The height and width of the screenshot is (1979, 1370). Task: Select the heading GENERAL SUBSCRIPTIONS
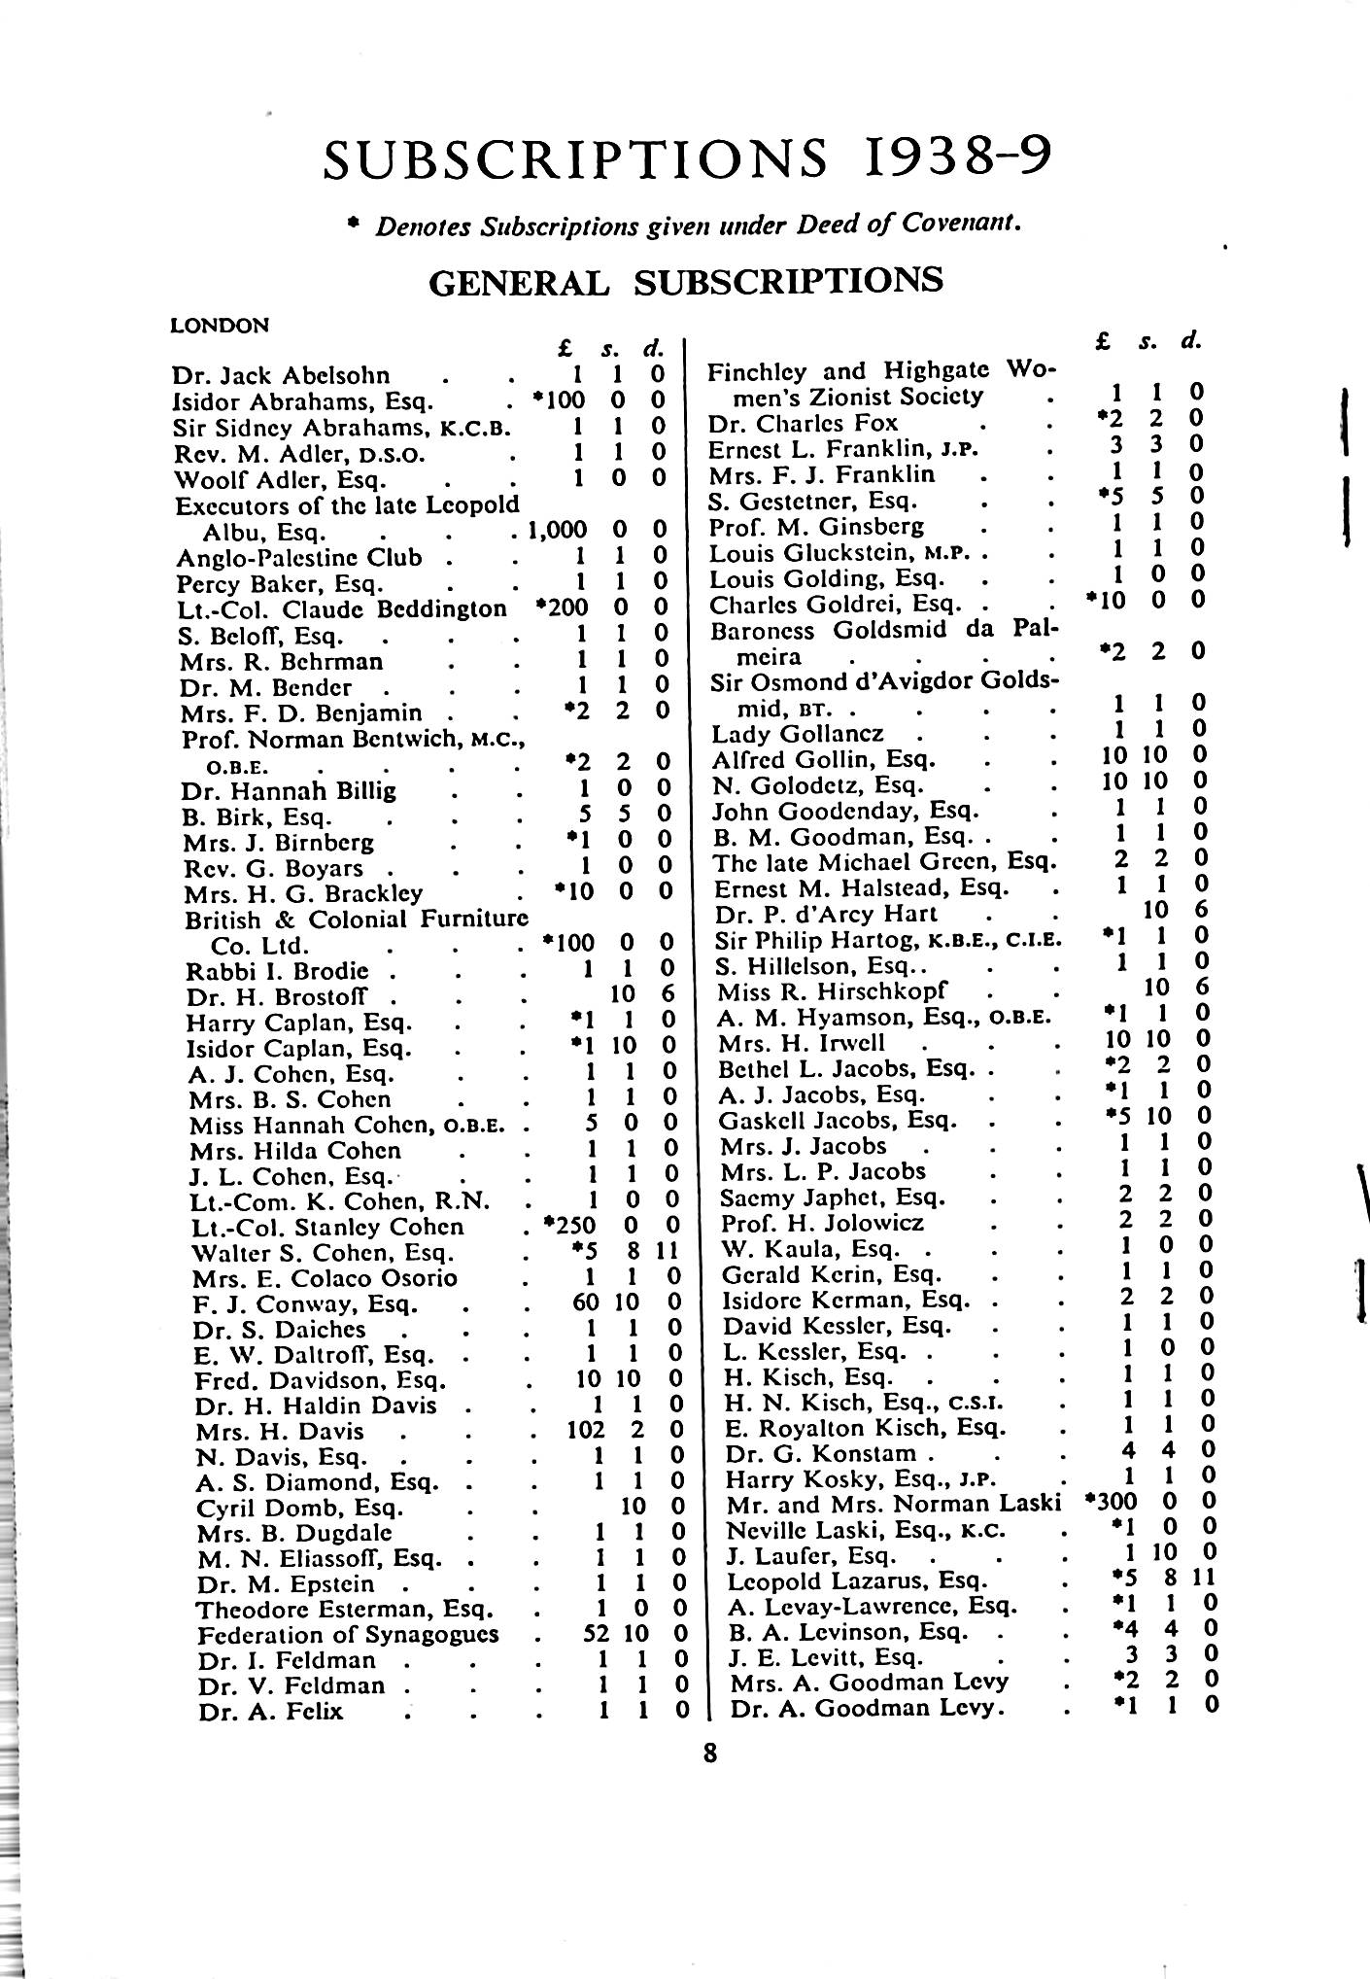[685, 281]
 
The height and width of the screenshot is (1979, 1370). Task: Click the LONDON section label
[220, 326]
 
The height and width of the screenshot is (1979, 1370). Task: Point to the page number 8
[710, 1753]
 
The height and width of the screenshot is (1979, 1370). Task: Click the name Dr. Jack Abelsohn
[281, 375]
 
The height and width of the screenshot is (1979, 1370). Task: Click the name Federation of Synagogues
[348, 1634]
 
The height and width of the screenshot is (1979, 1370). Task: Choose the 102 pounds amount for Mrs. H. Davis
[586, 1430]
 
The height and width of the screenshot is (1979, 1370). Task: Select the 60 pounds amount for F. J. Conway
[585, 1302]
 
